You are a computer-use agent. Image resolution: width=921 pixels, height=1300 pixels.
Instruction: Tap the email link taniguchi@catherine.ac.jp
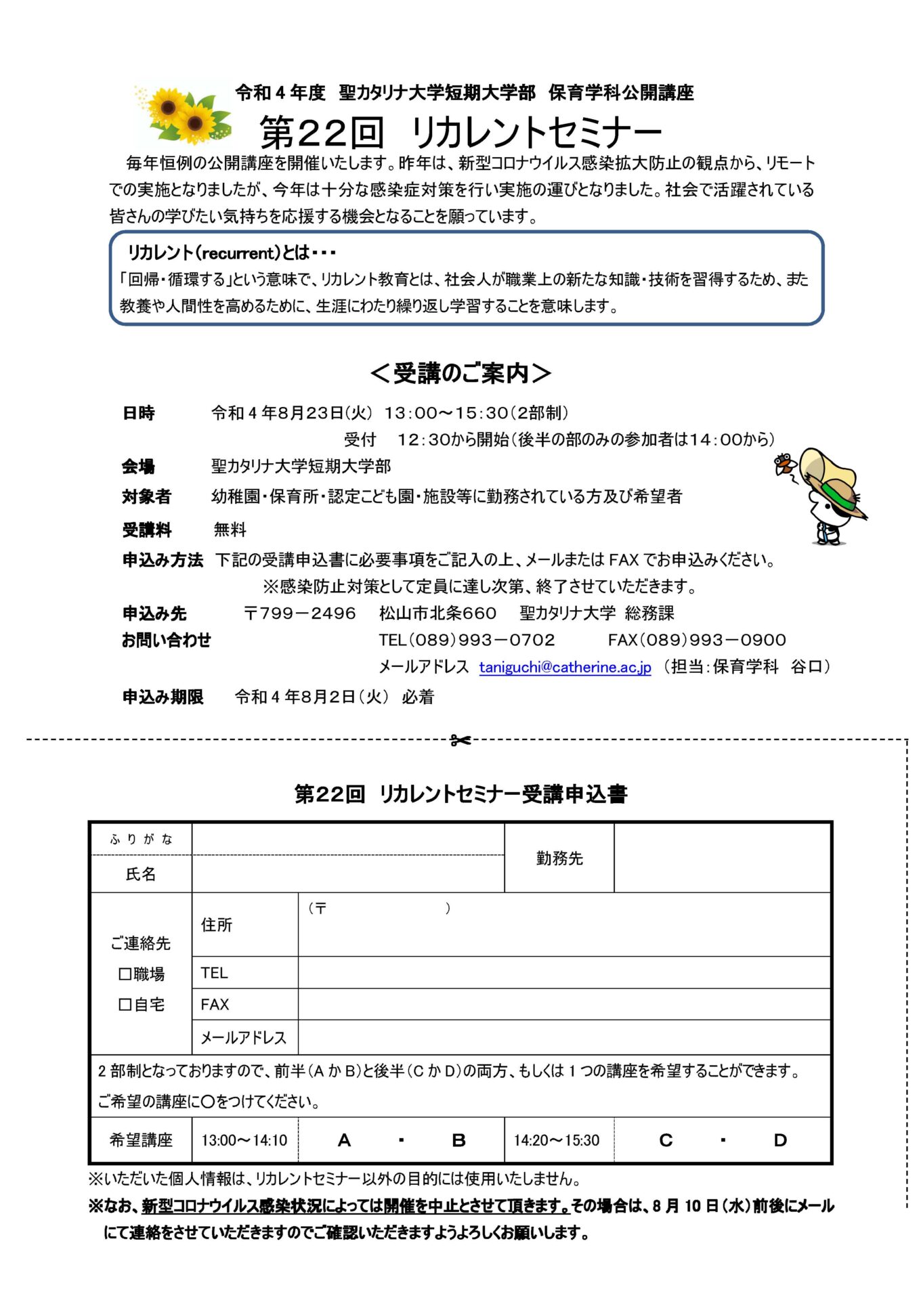tap(565, 667)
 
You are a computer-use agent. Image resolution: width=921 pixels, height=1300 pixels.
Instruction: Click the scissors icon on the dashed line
tap(460, 740)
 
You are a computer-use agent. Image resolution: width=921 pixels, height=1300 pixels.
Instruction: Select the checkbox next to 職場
tap(125, 974)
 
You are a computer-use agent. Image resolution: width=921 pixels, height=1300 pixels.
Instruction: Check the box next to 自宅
tap(125, 1005)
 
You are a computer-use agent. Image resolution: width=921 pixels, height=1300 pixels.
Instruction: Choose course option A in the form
tap(344, 1140)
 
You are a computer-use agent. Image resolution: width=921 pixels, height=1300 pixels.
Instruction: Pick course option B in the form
tap(458, 1140)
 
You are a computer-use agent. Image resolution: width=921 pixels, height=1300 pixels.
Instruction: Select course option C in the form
tap(666, 1140)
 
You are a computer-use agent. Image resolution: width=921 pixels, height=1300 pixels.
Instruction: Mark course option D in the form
tap(780, 1140)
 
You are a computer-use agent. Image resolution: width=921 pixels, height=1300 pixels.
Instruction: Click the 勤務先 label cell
tap(559, 858)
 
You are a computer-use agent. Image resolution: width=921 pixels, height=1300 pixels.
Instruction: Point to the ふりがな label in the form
tap(141, 840)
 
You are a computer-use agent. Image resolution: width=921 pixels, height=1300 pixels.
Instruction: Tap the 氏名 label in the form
tap(141, 874)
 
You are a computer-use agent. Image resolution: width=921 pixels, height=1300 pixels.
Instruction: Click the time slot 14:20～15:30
tap(557, 1140)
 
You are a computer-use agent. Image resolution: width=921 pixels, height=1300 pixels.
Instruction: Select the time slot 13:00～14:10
tap(244, 1140)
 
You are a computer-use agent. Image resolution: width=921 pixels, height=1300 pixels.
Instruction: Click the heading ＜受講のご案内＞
tap(460, 373)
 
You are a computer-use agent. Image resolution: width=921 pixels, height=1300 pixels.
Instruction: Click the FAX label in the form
tap(215, 1004)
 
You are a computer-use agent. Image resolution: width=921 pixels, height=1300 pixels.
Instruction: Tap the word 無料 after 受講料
tap(230, 529)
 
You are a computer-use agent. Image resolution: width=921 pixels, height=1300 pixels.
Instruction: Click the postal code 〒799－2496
tap(299, 613)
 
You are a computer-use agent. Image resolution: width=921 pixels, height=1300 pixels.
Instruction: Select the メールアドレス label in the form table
tap(244, 1037)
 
